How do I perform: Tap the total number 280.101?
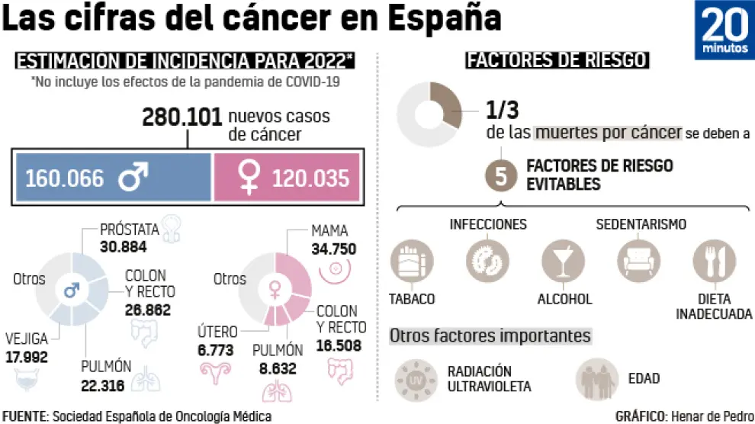[x=182, y=117]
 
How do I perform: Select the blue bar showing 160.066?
[x=111, y=178]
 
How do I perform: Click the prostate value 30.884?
[x=123, y=246]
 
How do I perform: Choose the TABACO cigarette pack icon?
[x=411, y=259]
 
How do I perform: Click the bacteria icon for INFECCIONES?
[x=487, y=259]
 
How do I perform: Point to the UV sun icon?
[x=415, y=378]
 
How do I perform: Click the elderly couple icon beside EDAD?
[x=597, y=378]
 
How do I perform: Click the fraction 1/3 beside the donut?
[x=503, y=111]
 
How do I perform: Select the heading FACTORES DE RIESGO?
[x=557, y=60]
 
